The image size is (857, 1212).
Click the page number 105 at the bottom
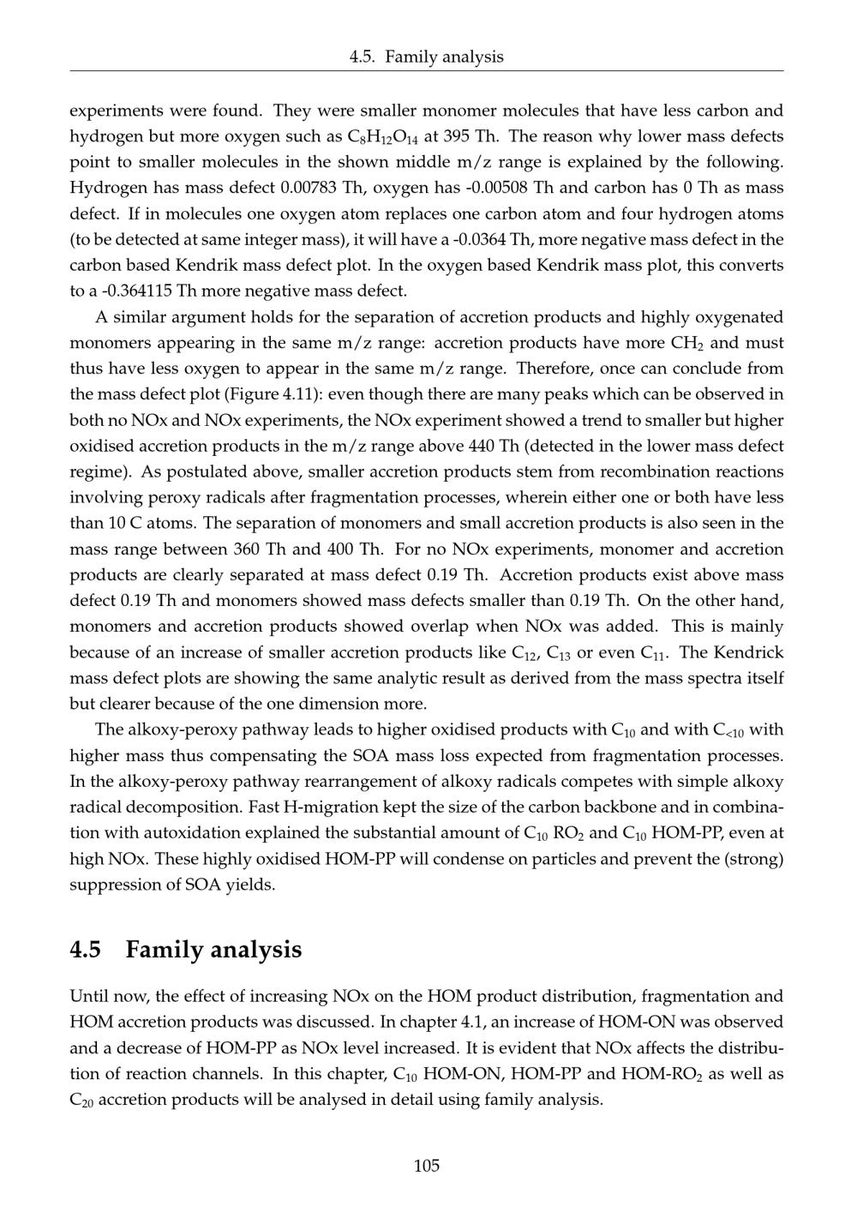tap(427, 1166)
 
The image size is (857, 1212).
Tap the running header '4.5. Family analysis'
tap(427, 57)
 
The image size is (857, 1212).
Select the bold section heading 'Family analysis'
tap(213, 950)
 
